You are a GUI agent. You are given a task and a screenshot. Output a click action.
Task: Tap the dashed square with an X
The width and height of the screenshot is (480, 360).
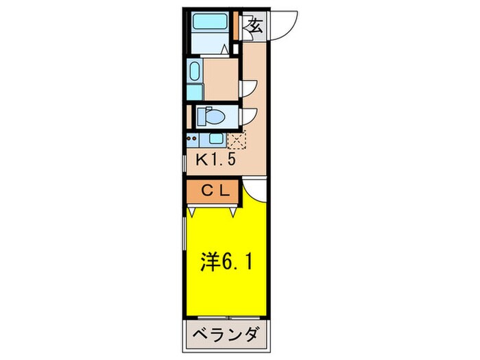(235, 141)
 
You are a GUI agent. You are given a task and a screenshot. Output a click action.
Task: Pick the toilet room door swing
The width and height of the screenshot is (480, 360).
(250, 115)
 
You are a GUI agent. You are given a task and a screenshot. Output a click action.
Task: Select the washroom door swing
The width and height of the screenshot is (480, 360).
(250, 85)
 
